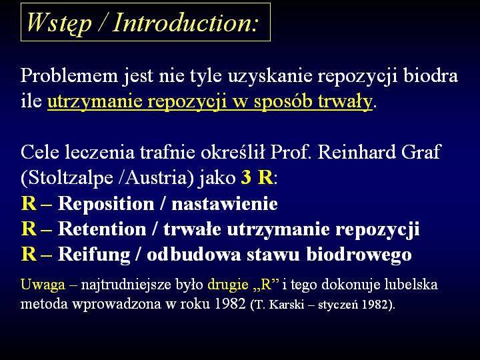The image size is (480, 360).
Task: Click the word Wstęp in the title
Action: (59, 23)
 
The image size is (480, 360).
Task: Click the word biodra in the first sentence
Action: (431, 75)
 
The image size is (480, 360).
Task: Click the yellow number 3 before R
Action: (246, 177)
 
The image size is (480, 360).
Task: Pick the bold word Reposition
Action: (106, 204)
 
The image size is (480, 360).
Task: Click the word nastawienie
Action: (225, 204)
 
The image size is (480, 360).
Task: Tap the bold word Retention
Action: (102, 229)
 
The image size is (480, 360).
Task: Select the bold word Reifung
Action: (94, 255)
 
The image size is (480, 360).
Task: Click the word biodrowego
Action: (359, 255)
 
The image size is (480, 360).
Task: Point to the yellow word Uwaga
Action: (43, 285)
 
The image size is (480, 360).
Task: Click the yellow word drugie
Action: (228, 285)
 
